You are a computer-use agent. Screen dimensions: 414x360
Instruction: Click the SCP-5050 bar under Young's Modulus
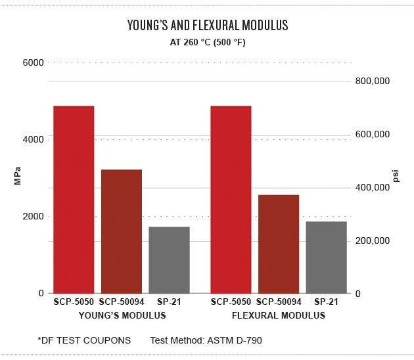click(x=74, y=200)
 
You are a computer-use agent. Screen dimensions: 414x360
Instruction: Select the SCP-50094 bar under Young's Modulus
click(x=122, y=231)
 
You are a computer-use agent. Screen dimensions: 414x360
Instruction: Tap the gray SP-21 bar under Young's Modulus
click(x=170, y=260)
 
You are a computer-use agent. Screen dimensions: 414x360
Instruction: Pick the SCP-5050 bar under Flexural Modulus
click(x=231, y=200)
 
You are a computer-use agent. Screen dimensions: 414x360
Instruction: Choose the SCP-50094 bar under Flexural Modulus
click(x=279, y=244)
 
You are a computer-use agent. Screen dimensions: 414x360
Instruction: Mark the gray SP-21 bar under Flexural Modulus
click(x=327, y=258)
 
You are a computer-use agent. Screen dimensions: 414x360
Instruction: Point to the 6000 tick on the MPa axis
click(x=33, y=63)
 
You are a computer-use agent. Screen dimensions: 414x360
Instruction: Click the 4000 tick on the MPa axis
click(x=33, y=139)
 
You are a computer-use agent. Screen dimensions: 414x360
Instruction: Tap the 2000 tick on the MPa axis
click(x=33, y=216)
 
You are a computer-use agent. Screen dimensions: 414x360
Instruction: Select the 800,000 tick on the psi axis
click(x=373, y=81)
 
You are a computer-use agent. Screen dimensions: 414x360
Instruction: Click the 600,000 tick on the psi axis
click(x=373, y=134)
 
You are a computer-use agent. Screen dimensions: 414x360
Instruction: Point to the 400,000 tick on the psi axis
click(x=373, y=187)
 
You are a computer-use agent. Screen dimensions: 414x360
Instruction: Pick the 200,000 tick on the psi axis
click(x=373, y=240)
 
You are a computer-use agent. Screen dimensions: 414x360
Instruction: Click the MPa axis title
click(x=18, y=176)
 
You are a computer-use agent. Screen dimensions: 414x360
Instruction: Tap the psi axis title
click(x=396, y=176)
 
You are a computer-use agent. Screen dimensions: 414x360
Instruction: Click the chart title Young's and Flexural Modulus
click(x=208, y=25)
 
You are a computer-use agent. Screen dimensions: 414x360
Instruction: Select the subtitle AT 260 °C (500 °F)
click(x=208, y=42)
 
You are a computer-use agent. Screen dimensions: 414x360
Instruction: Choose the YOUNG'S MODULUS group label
click(x=122, y=315)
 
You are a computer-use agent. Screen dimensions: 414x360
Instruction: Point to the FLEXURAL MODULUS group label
click(x=279, y=315)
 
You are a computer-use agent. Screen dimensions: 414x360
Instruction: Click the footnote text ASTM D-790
click(x=235, y=340)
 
